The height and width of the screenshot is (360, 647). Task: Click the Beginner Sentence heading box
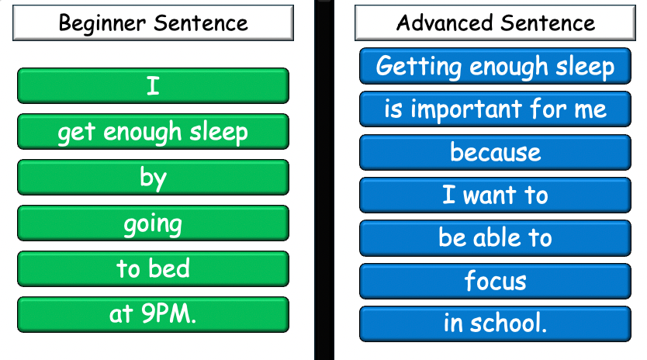(153, 23)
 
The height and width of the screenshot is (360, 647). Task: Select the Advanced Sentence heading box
(495, 23)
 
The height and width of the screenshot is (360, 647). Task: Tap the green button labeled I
(153, 85)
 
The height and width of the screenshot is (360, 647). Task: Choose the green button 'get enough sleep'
(153, 131)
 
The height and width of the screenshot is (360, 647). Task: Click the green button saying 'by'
(153, 177)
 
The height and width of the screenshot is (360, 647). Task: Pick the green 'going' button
(153, 223)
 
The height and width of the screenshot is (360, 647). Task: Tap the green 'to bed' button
(153, 268)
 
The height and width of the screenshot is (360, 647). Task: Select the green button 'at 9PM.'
(153, 314)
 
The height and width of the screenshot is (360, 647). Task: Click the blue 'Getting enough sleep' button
(495, 66)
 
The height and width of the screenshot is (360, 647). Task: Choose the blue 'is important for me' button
(495, 109)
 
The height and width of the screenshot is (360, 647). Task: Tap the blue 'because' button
(495, 152)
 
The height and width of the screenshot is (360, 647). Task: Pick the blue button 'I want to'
(495, 195)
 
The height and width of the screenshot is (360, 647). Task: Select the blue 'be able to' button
(495, 237)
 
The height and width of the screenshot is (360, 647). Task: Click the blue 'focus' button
(495, 280)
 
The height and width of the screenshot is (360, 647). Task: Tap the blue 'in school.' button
(495, 323)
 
